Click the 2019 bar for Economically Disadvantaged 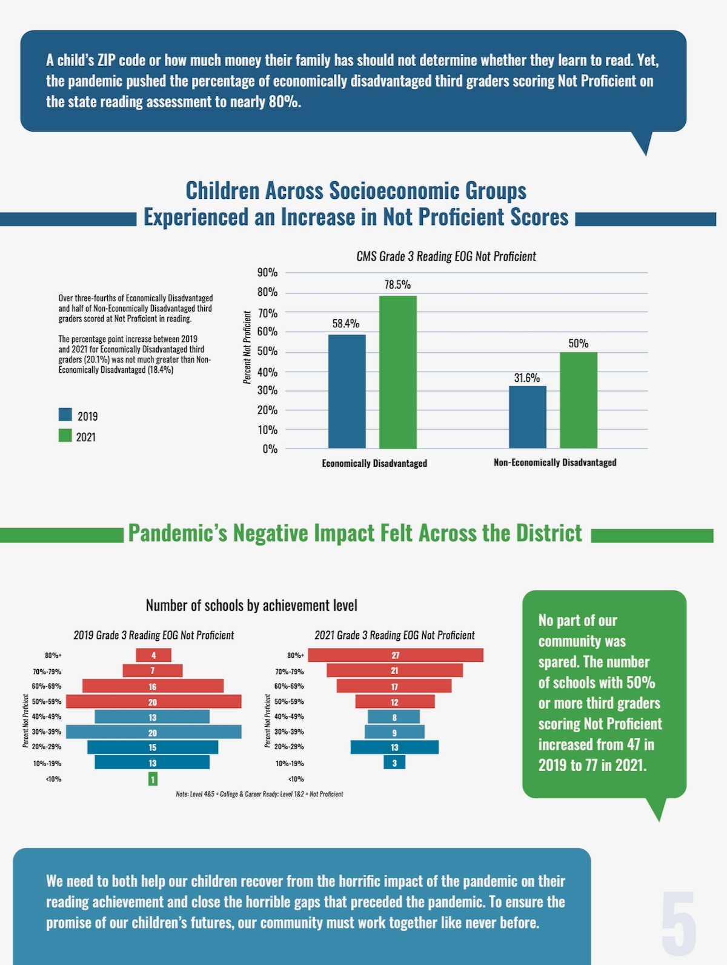tap(347, 391)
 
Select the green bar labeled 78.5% tap(397, 372)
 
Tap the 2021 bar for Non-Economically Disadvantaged tap(578, 400)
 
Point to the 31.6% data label tap(526, 378)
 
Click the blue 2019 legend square tap(65, 415)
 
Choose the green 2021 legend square tap(65, 435)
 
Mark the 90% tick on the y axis tap(268, 273)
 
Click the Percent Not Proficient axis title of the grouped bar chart tap(247, 347)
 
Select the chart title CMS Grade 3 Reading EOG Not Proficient tap(446, 256)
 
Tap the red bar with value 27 tap(395, 655)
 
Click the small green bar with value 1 tap(153, 779)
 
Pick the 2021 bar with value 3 tap(394, 763)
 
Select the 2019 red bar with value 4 tap(153, 655)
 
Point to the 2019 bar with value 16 tap(153, 686)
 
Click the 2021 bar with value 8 tap(394, 717)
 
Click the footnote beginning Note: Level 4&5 tap(259, 794)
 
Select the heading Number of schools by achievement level tap(251, 606)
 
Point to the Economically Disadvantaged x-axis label tap(374, 463)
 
